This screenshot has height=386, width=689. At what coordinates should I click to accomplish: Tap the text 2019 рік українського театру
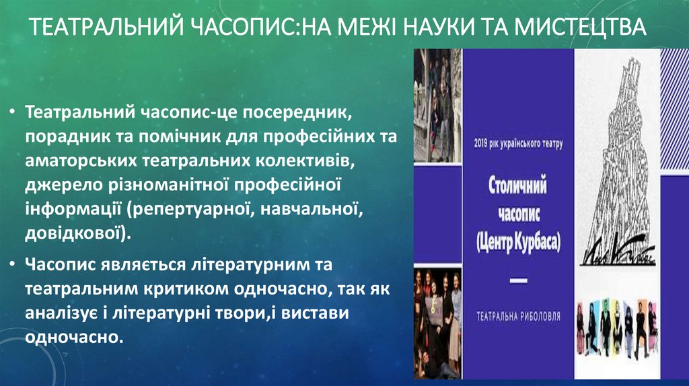(517, 143)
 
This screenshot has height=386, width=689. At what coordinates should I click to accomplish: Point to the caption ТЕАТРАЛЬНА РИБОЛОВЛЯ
(517, 315)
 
